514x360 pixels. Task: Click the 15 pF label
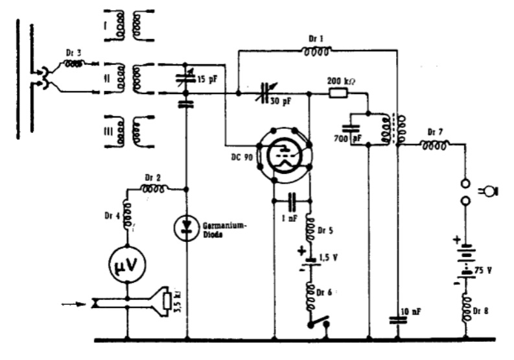207,79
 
